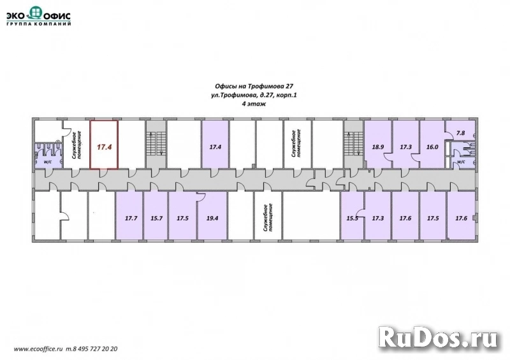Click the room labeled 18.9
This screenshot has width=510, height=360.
coord(377,145)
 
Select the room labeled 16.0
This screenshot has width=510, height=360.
coord(432,145)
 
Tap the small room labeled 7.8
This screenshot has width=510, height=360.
coord(460,131)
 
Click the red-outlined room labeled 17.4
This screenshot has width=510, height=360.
coord(104,145)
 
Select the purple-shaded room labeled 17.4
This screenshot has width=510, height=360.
coord(215,145)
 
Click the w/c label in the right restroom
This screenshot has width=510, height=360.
coord(461,161)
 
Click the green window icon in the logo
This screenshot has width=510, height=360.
coord(36,12)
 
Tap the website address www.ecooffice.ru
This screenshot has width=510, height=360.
coord(38,349)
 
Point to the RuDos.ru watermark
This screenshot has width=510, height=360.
coord(439,339)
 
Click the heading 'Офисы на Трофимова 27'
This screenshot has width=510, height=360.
coord(254,87)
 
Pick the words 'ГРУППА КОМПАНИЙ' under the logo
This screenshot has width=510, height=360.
coord(39,24)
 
